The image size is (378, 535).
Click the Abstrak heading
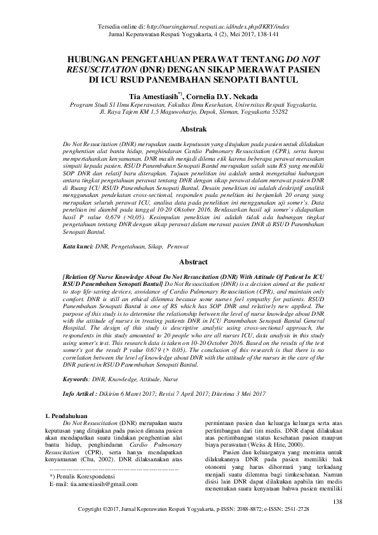click(189, 129)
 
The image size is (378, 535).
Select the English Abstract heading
click(189, 261)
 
